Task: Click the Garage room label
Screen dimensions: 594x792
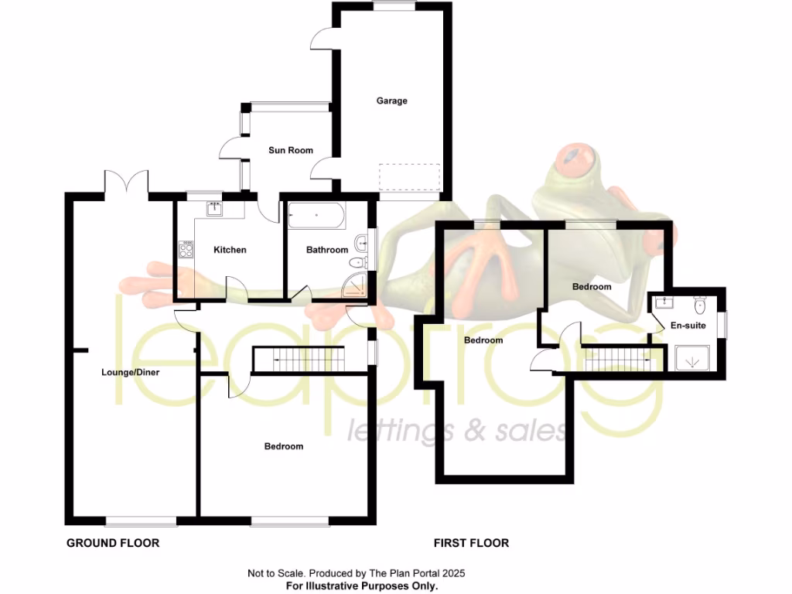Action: (391, 101)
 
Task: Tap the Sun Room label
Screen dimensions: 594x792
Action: (291, 150)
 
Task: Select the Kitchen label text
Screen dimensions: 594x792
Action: (230, 250)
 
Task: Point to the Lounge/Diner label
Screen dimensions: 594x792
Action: (131, 372)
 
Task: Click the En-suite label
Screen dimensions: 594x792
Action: (688, 326)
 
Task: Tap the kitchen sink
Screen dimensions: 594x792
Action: (213, 207)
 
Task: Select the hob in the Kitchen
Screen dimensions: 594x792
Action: (186, 249)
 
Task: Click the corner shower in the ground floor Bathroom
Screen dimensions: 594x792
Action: (357, 288)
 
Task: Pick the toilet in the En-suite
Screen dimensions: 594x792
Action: (699, 302)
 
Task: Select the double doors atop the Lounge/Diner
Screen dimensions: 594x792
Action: (126, 183)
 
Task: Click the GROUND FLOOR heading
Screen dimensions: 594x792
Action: (113, 543)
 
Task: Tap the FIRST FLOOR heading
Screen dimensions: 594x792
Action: (472, 543)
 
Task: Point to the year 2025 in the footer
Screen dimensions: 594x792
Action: (455, 574)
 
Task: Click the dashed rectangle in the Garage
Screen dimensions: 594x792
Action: (410, 178)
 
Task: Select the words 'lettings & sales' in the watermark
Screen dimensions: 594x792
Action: (456, 432)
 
